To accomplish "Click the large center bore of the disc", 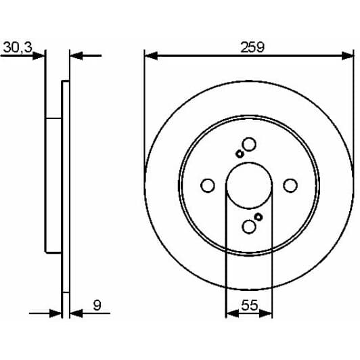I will click(248, 185).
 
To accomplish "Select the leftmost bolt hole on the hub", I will click(208, 185).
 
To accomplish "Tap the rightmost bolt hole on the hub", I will click(290, 185).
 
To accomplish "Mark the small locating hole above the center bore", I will click(240, 154).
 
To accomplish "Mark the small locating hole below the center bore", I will click(258, 217).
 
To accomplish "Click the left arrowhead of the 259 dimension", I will click(150, 56).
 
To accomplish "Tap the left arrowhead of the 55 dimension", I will click(230, 313).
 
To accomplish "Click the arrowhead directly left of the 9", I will click(75, 313).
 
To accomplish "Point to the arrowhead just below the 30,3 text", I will click(40, 56).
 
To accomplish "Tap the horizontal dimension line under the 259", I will click(203, 56).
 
